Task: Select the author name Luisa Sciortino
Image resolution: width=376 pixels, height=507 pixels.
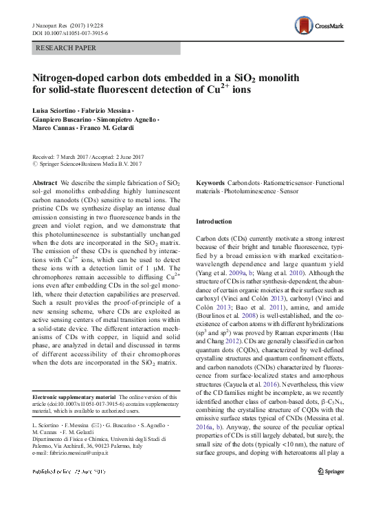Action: pos(56,111)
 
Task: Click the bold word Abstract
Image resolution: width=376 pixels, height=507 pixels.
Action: pos(45,182)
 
